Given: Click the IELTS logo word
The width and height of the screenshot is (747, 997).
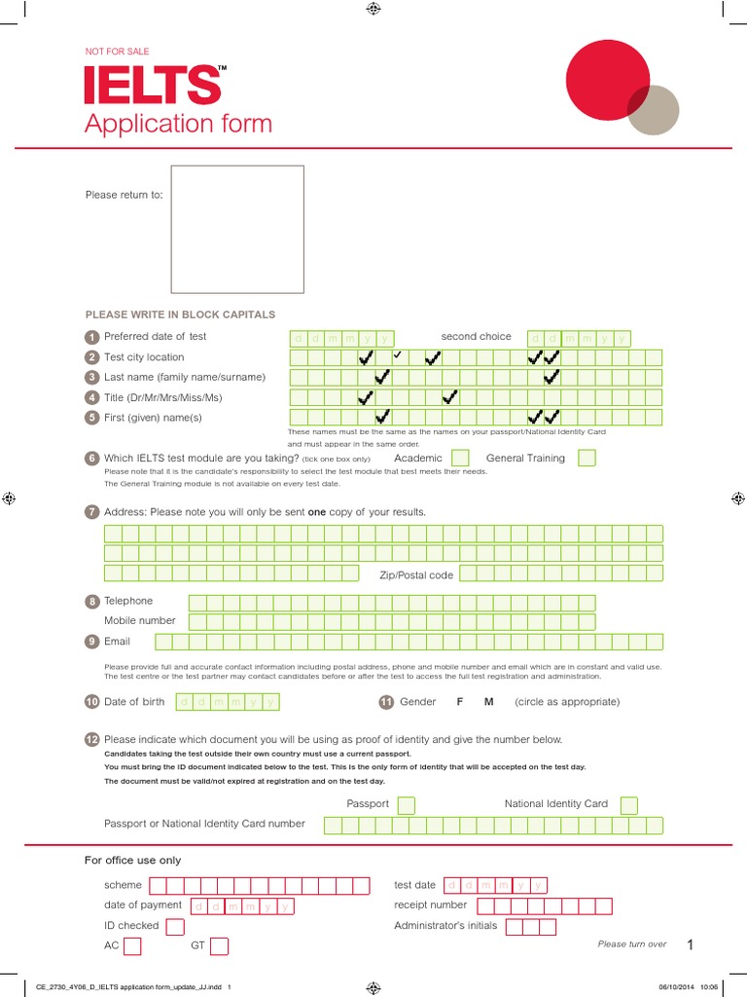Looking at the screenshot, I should pyautogui.click(x=154, y=85).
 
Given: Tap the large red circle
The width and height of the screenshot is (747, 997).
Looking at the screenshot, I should pyautogui.click(x=607, y=79).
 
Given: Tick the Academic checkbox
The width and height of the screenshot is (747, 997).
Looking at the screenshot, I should pyautogui.click(x=460, y=458).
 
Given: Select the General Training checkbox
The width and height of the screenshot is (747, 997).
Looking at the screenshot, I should pyautogui.click(x=586, y=458).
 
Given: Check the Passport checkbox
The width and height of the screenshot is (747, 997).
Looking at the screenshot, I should pyautogui.click(x=407, y=804).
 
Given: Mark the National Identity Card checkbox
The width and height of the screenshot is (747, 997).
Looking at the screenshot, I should pyautogui.click(x=629, y=804).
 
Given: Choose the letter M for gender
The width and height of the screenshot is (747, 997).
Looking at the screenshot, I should pyautogui.click(x=489, y=702).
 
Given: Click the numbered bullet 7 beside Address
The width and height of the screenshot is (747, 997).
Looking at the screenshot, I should pyautogui.click(x=91, y=512).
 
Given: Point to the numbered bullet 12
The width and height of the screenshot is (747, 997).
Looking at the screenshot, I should pyautogui.click(x=91, y=740).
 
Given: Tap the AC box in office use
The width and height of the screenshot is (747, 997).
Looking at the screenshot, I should pyautogui.click(x=132, y=945).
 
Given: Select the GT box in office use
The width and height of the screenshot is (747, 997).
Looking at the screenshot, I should pyautogui.click(x=220, y=945).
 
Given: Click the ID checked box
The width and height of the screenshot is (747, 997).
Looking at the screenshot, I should pyautogui.click(x=175, y=926).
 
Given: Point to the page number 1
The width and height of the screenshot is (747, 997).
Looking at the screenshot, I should pyautogui.click(x=690, y=945).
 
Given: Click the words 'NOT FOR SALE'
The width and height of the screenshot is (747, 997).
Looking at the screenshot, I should pyautogui.click(x=118, y=52).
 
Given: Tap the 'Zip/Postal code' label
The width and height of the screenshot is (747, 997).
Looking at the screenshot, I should pyautogui.click(x=416, y=575).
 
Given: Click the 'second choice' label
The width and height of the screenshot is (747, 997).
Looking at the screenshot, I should pyautogui.click(x=476, y=337).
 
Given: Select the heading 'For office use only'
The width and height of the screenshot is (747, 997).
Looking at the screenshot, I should pyautogui.click(x=133, y=861).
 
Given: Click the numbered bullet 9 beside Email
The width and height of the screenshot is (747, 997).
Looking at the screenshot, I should pyautogui.click(x=91, y=642).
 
